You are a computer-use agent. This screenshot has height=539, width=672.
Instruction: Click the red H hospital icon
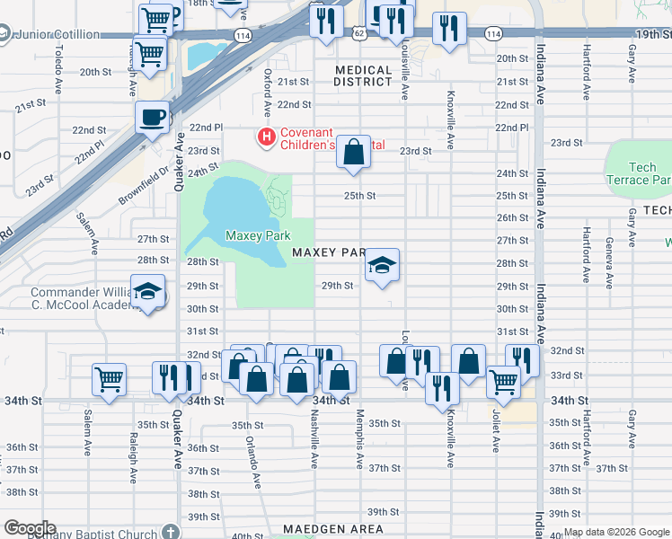point(267,137)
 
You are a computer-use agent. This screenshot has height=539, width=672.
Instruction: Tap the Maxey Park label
point(257,235)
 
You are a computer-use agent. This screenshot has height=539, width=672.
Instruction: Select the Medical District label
point(363,75)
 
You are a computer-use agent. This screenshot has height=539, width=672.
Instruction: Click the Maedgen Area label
point(332,529)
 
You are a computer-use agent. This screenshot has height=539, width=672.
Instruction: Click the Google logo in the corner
point(29,528)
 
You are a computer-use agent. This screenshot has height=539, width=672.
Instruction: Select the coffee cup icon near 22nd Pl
point(152,116)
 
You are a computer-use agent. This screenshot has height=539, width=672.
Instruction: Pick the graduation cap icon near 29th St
point(382,265)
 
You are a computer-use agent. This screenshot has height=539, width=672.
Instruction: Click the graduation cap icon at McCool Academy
point(147,292)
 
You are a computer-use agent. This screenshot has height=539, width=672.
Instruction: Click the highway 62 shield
point(359,33)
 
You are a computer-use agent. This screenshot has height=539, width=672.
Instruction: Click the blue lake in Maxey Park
point(227,208)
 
